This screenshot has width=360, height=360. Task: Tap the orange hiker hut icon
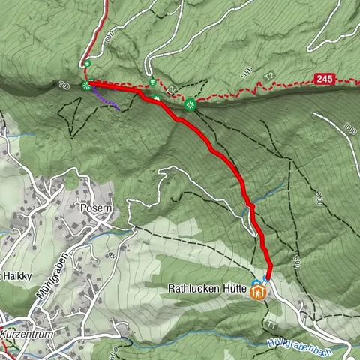tap(259, 293)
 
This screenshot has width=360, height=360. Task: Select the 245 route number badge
tap(323, 78)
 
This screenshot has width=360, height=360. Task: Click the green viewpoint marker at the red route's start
tap(86, 85)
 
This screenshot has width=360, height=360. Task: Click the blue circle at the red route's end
tap(266, 280)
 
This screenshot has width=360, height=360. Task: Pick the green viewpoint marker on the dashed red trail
tap(190, 104)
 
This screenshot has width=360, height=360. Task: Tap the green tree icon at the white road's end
tap(152, 82)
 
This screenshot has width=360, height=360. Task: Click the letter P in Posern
tap(82, 208)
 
